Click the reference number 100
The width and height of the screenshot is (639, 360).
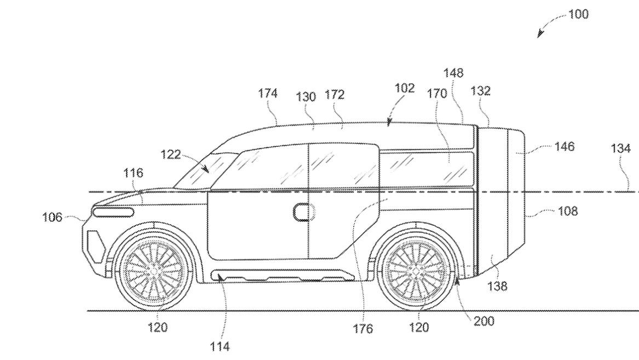(579, 15)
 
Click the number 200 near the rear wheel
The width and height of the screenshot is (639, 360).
(483, 322)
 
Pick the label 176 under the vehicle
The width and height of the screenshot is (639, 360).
(362, 328)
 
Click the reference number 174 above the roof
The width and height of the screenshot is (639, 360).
(268, 93)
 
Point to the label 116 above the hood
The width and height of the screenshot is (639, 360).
(134, 174)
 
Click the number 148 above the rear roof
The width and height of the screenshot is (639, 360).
(454, 73)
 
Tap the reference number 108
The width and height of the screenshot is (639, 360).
(567, 211)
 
